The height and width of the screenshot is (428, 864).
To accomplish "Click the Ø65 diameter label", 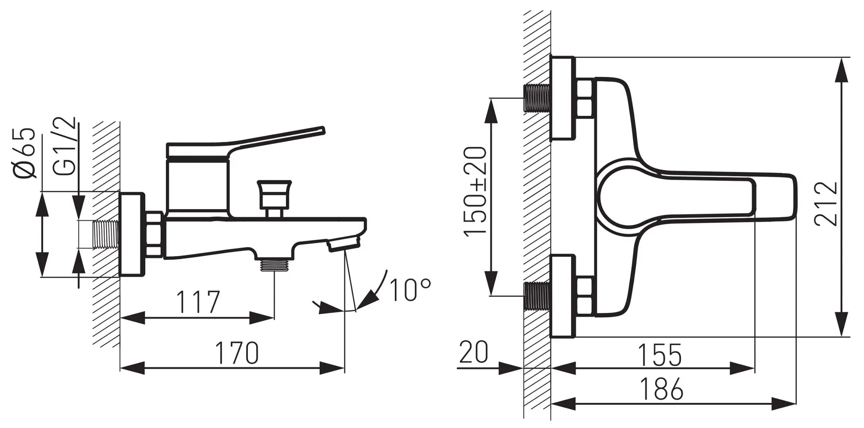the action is tap(24, 153).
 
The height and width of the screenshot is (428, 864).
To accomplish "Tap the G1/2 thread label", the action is tap(66, 146).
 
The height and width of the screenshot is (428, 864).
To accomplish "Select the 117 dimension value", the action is tap(198, 302).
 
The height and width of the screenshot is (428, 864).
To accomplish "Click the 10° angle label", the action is tap(410, 289).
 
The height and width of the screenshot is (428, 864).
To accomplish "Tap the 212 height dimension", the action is tap(826, 203).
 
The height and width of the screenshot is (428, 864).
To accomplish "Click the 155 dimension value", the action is tap(661, 355).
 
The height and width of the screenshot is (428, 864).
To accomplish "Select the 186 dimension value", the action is tap(661, 389).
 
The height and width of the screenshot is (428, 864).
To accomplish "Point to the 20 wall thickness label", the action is tap(473, 352).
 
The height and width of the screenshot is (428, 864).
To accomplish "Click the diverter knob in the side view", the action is tap(274, 199).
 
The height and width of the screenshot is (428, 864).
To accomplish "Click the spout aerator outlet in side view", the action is tap(343, 245).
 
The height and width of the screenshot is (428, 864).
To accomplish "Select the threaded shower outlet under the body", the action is tap(274, 264).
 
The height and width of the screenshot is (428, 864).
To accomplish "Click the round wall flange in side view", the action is tap(131, 234).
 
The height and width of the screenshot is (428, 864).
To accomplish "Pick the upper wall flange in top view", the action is tap(563, 98).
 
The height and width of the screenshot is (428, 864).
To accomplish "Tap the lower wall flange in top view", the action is tap(563, 296).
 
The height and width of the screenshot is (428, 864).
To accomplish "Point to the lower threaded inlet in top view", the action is tap(537, 296).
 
